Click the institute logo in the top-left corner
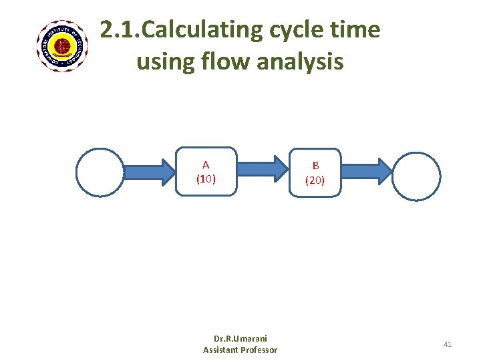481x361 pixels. [x=62, y=46]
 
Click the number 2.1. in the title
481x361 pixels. [x=121, y=30]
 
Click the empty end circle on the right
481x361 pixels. [x=416, y=176]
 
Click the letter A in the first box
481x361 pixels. [x=206, y=164]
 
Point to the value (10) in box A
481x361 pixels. [x=206, y=178]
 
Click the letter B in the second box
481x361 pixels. [x=315, y=166]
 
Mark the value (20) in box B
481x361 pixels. [x=315, y=180]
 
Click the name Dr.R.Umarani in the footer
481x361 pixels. [x=240, y=338]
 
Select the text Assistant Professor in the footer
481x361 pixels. [x=240, y=350]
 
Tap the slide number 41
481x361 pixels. [x=448, y=344]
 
